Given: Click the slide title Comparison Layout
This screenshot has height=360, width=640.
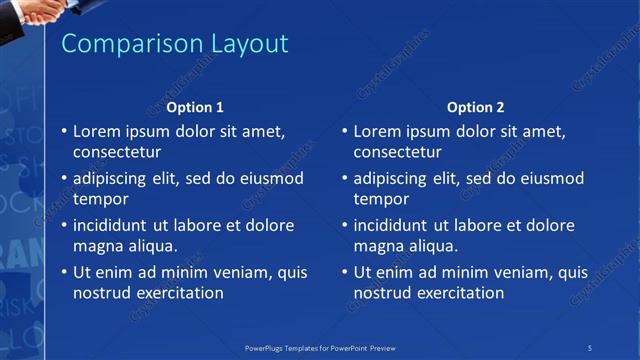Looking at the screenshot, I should click(175, 44).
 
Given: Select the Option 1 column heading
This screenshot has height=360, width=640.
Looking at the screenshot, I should click(195, 107).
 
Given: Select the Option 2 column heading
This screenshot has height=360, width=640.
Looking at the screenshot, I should click(476, 107).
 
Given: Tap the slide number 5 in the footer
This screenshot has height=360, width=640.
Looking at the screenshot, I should click(590, 347).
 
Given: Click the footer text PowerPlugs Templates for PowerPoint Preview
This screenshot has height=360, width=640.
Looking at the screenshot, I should click(319, 347).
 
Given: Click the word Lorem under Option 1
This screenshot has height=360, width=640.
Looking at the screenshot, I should click(97, 131).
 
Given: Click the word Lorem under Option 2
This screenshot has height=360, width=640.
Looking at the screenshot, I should click(378, 131).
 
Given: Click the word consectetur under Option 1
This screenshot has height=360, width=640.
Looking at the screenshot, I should click(117, 152).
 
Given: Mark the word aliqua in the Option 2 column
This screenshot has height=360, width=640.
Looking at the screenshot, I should click(434, 246).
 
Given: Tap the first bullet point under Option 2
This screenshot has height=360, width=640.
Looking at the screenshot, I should click(345, 131).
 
